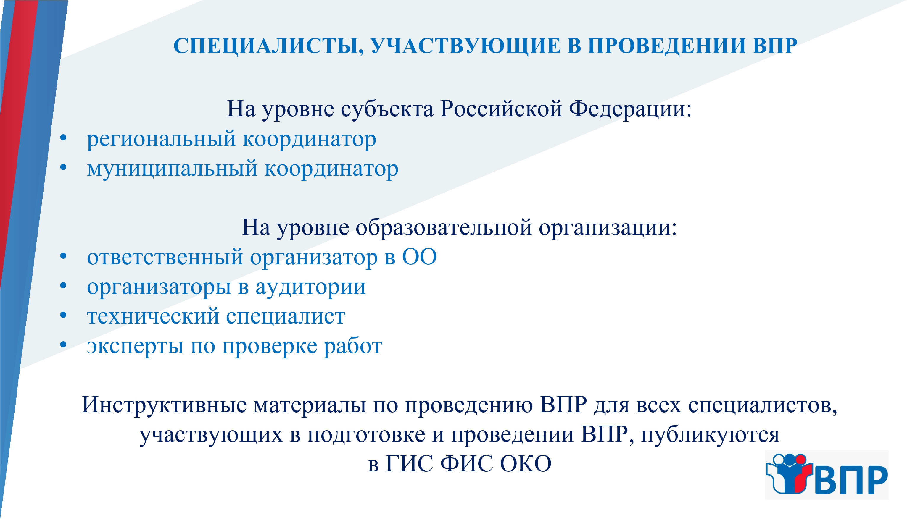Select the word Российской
pos(501,109)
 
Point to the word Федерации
pos(630,109)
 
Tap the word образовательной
pos(444,227)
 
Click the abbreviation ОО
pos(419,257)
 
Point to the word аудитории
pos(311,287)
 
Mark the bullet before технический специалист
pos(63,315)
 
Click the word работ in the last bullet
pos(353,346)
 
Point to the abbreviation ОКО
pos(526,463)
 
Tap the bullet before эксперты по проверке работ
pos(63,345)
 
